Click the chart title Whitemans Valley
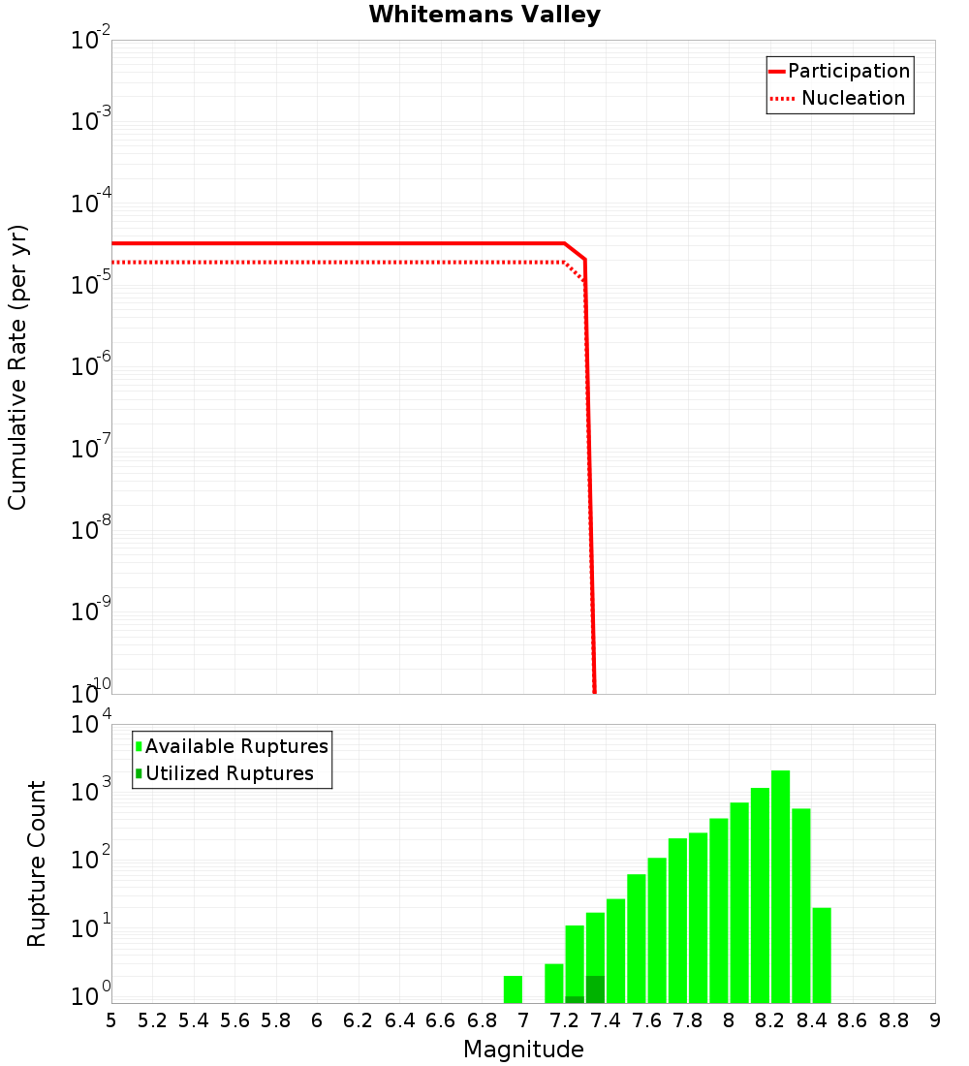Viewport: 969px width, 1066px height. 484,16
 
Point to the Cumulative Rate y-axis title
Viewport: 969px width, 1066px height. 17,367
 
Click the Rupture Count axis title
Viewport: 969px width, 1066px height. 37,862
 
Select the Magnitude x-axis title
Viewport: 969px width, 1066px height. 523,1050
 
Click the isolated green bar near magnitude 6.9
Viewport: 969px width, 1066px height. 513,989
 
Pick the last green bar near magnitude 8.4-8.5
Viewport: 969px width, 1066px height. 822,956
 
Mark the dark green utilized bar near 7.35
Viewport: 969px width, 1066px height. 595,989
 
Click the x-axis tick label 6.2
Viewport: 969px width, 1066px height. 359,1020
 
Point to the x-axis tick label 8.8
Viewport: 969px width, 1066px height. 893,1020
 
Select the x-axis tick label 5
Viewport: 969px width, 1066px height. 110,1020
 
